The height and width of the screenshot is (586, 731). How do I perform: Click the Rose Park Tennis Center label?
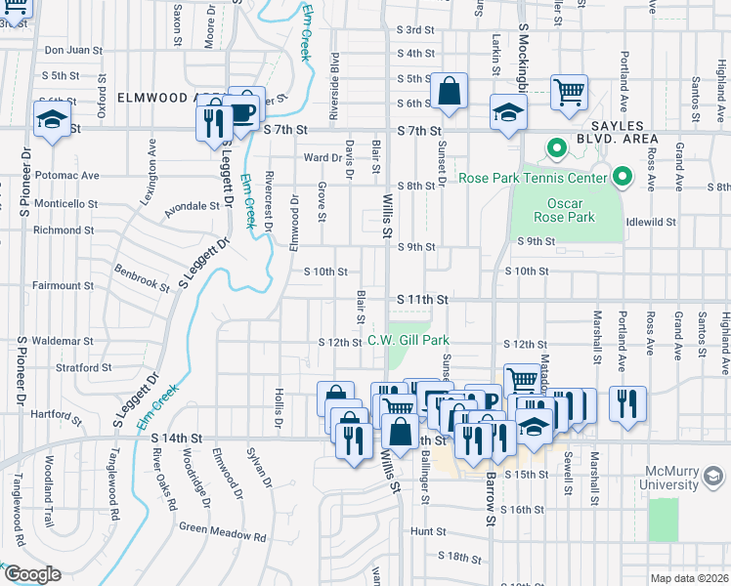(534, 179)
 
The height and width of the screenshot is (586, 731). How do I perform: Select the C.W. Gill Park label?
(408, 341)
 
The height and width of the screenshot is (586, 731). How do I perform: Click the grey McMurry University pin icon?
(714, 478)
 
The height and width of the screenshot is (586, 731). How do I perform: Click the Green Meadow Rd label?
(222, 536)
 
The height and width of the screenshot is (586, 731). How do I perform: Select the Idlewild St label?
(651, 222)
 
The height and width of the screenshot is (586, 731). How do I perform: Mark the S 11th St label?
(422, 299)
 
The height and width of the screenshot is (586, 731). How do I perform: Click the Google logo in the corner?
(32, 574)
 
